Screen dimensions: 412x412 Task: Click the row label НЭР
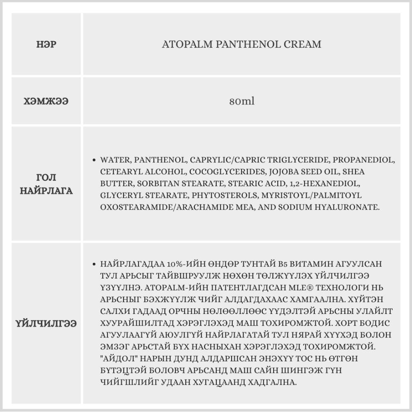(46, 44)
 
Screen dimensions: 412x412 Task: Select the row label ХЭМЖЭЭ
(46, 101)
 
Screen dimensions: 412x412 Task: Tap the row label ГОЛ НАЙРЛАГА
(46, 184)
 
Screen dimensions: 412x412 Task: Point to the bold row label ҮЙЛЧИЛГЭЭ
(46, 323)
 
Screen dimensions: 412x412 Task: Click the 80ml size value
(242, 101)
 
